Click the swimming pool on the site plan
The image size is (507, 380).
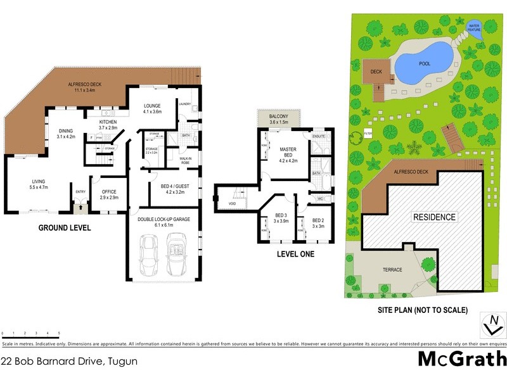423,63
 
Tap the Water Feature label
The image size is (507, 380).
474,28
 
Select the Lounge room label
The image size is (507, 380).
152,108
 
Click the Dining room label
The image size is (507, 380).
66,133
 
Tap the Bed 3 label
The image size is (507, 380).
280,218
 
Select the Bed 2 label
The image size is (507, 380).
318,222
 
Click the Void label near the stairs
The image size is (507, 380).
233,203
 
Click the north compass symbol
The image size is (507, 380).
491,324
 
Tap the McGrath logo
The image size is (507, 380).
462,358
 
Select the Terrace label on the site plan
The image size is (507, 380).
392,270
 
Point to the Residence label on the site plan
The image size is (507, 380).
434,217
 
